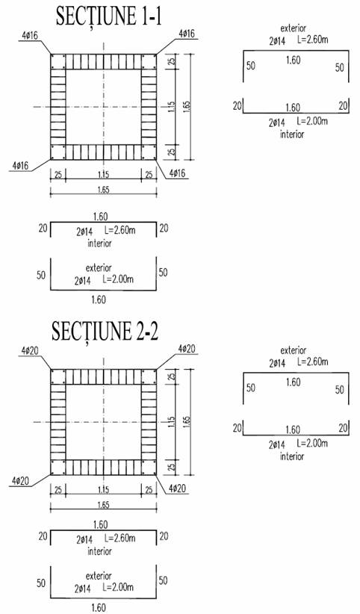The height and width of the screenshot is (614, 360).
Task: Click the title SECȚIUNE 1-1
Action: click(108, 16)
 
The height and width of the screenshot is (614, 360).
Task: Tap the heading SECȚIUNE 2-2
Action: click(105, 332)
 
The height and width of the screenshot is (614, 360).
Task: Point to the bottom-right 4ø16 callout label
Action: click(177, 173)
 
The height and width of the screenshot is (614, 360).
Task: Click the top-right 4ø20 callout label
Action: click(187, 349)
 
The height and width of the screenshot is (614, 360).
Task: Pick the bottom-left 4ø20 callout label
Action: click(19, 480)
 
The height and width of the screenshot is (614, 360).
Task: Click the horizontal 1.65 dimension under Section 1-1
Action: click(103, 190)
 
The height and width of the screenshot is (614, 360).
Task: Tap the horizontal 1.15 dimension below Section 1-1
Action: click(103, 175)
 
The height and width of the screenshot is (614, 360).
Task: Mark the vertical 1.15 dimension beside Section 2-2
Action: click(172, 422)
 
